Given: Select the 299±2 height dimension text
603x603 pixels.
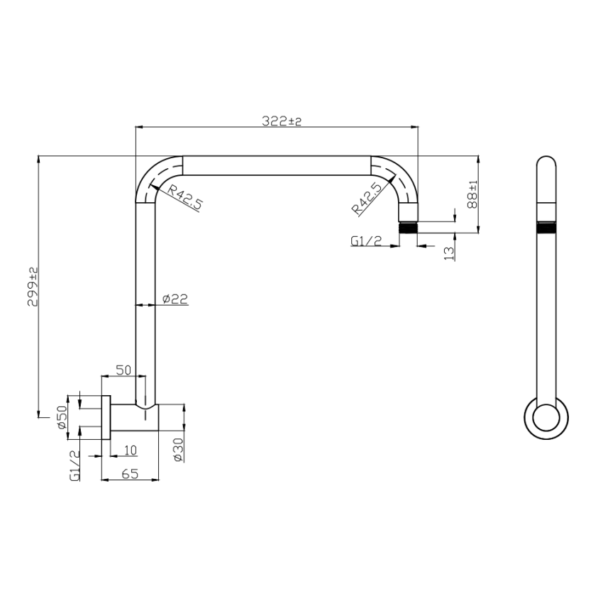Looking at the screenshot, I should point(32,287).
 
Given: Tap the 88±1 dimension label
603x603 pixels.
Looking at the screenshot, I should point(472,193).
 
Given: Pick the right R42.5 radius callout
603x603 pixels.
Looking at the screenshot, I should point(367,197).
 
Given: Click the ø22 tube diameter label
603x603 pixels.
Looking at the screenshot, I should point(175,299).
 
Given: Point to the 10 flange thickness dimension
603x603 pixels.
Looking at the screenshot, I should point(130,450).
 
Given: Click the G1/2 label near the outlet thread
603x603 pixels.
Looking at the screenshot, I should point(366,241).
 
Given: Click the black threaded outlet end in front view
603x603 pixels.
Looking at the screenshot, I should point(408,228).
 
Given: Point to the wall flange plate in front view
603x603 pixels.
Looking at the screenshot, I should point(106,416).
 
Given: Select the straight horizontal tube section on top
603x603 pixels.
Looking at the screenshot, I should point(277,166).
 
